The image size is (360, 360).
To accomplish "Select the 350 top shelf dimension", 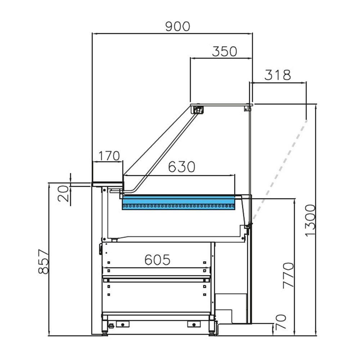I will point(224,51).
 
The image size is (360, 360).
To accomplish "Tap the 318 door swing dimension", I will point(277,75).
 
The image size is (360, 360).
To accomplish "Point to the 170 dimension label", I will point(108,156).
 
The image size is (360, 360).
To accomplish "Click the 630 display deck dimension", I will point(182,167).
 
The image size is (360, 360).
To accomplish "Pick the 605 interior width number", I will point(157,259).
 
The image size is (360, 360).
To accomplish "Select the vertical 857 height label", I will point(43,262).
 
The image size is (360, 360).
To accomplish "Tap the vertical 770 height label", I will point(288,275).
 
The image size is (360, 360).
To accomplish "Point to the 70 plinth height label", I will point(281,322).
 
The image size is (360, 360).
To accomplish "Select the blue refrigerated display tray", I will point(178,203).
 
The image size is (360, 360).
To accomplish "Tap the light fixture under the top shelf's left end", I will point(197,109).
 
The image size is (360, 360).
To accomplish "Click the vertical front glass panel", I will point(250,151).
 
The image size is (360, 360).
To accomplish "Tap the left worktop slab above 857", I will point(107,183).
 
